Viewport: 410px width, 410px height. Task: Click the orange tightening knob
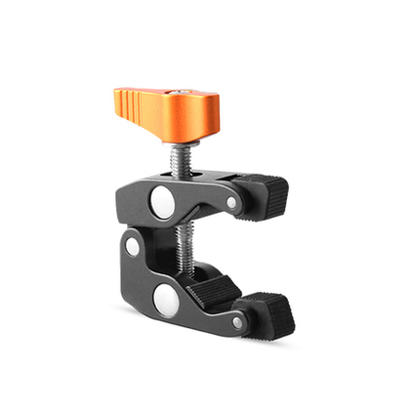click(x=156, y=109)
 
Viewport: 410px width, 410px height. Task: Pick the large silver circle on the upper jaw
click(x=162, y=204)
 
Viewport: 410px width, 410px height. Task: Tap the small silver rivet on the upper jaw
click(x=230, y=203)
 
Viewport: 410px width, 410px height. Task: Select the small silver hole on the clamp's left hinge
click(x=132, y=246)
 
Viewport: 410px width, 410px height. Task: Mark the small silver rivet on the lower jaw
click(x=237, y=321)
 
